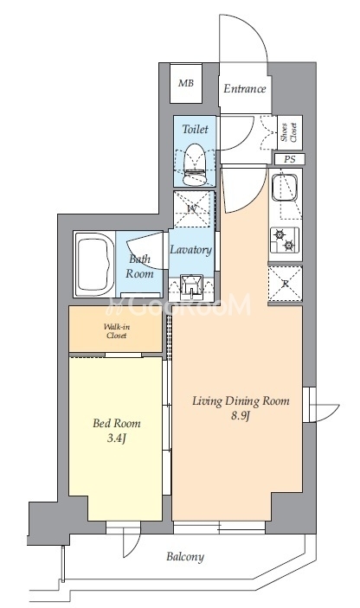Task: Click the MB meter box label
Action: pyautogui.click(x=186, y=82)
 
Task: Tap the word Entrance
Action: pyautogui.click(x=245, y=89)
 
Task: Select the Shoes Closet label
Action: pyautogui.click(x=289, y=132)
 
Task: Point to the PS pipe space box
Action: pyautogui.click(x=289, y=159)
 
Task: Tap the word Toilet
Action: pyautogui.click(x=195, y=129)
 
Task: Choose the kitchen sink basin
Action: pyautogui.click(x=285, y=188)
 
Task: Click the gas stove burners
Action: pyautogui.click(x=285, y=240)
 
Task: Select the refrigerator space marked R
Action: pyautogui.click(x=285, y=284)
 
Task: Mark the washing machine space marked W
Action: pyautogui.click(x=193, y=209)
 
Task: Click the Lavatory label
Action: pyautogui.click(x=191, y=249)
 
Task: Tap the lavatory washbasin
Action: pyautogui.click(x=193, y=285)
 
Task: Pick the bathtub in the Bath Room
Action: pyautogui.click(x=94, y=265)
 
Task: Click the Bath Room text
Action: pyautogui.click(x=139, y=266)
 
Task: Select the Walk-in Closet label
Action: pyautogui.click(x=116, y=331)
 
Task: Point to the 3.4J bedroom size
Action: pyautogui.click(x=116, y=438)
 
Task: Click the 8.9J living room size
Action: pyautogui.click(x=241, y=417)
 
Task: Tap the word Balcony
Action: pyautogui.click(x=185, y=557)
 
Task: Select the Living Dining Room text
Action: pyautogui.click(x=241, y=400)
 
